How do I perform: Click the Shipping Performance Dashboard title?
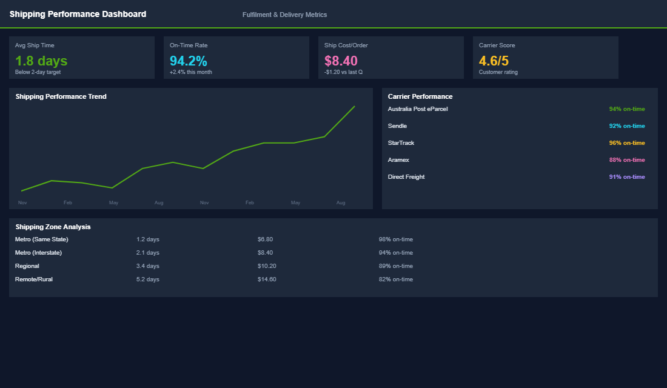point(78,14)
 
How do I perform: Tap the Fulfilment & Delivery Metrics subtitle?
point(284,15)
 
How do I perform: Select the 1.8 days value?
point(41,61)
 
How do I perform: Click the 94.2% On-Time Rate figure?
point(188,61)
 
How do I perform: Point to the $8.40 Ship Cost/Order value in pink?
point(341,61)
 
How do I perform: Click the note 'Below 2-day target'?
point(38,72)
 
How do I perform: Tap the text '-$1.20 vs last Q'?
point(343,72)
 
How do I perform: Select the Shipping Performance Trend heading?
point(61,96)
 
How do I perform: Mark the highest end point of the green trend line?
point(354,107)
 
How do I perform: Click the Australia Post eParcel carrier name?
point(418,109)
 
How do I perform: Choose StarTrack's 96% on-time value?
point(627,143)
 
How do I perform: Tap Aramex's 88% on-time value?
point(627,160)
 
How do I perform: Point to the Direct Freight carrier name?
point(406,177)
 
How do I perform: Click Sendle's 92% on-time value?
point(627,126)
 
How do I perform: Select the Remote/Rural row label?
point(34,279)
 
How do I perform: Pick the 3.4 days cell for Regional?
point(148,266)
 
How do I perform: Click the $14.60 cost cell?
point(267,279)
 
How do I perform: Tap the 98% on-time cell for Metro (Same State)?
point(396,239)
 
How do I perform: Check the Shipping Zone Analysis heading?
point(53,227)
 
